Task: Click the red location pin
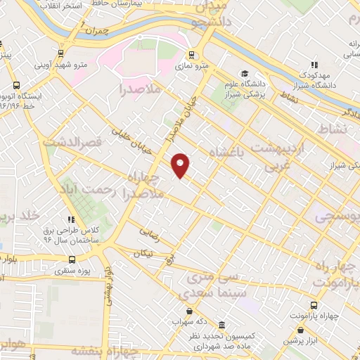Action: click(x=181, y=165)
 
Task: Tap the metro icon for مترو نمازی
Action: click(x=191, y=54)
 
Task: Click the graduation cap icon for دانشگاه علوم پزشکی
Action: click(x=244, y=74)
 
